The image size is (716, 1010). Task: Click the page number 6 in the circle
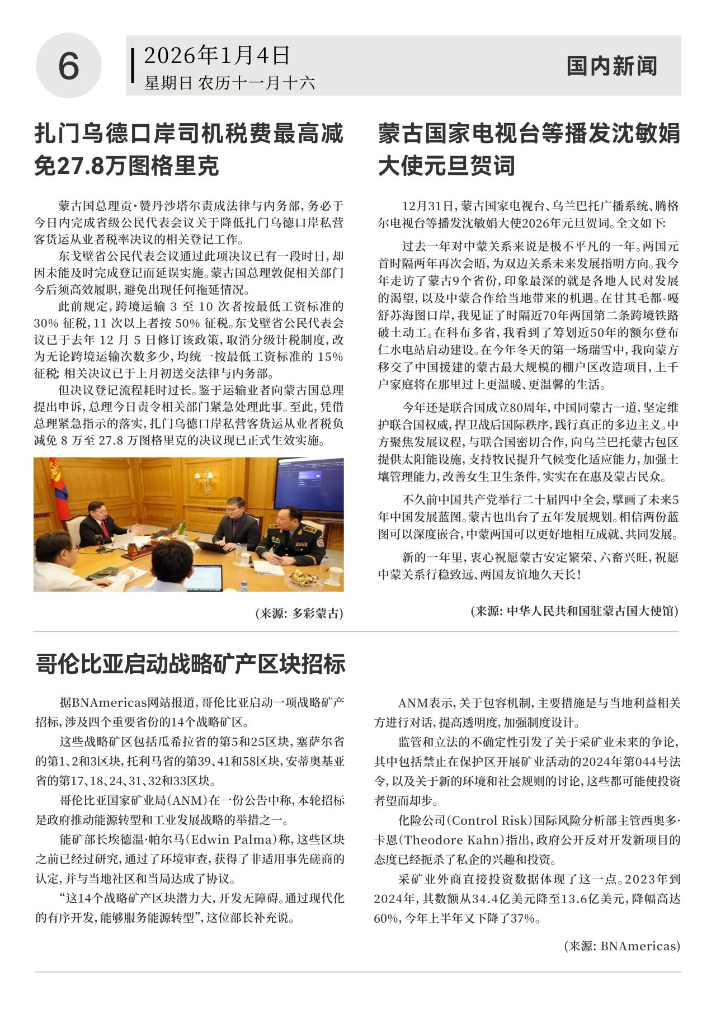pos(68,65)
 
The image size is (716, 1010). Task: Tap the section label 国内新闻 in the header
pos(611,66)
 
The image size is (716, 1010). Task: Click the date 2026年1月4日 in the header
pos(217,55)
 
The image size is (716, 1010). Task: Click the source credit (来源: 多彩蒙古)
pos(299,613)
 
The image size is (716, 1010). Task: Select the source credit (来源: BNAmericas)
pos(621,946)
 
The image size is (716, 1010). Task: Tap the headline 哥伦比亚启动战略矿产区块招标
pos(190,663)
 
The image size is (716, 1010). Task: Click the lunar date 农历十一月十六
pos(256,83)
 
